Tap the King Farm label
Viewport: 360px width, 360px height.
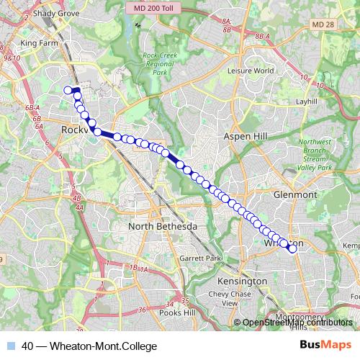[x=39, y=43]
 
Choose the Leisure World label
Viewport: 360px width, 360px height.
[x=251, y=71]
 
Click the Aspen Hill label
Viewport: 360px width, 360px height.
[x=246, y=136]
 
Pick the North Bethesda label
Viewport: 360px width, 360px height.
[x=162, y=227]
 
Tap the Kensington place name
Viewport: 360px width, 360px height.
[x=243, y=281]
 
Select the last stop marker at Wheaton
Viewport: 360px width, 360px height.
[x=292, y=249]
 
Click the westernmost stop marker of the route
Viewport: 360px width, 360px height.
[x=68, y=90]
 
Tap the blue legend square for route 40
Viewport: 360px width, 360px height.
[x=11, y=346]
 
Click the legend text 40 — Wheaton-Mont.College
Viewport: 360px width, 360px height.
[x=89, y=346]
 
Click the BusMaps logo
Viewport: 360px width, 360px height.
[x=325, y=346]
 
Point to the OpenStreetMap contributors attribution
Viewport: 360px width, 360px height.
[x=297, y=323]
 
